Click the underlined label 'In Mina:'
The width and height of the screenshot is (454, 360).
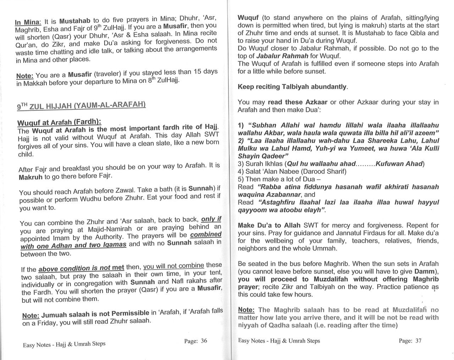tap(28, 22)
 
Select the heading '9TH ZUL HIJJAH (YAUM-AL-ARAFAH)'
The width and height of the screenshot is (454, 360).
tap(82, 105)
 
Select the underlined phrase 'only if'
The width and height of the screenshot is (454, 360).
tap(211, 219)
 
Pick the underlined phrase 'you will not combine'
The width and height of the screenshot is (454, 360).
tap(173, 266)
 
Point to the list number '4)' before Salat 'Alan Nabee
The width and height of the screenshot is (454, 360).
tap(241, 171)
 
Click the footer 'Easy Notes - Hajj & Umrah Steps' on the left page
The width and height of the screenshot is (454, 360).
tap(64, 344)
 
